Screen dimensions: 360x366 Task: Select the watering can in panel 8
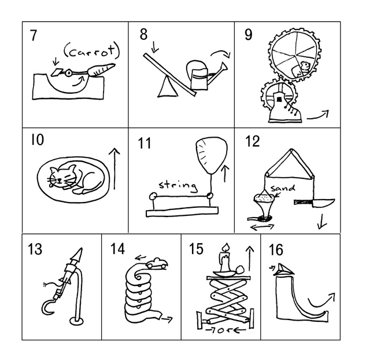[200, 76]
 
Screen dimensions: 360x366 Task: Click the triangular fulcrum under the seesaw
[165, 87]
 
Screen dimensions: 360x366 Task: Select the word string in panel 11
[178, 186]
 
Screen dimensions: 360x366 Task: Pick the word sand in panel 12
[283, 188]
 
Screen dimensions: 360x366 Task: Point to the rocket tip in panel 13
[77, 254]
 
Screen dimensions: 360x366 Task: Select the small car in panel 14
[157, 264]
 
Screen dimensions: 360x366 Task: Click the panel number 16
[276, 250]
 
